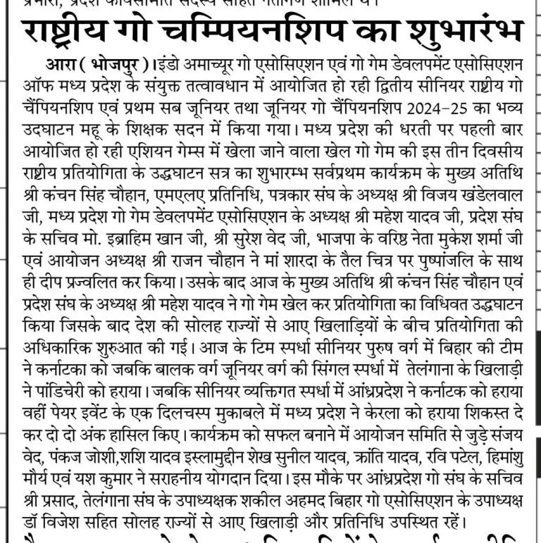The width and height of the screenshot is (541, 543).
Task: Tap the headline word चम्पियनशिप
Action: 256,32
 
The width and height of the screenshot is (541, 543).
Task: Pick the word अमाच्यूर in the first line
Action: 212,65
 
